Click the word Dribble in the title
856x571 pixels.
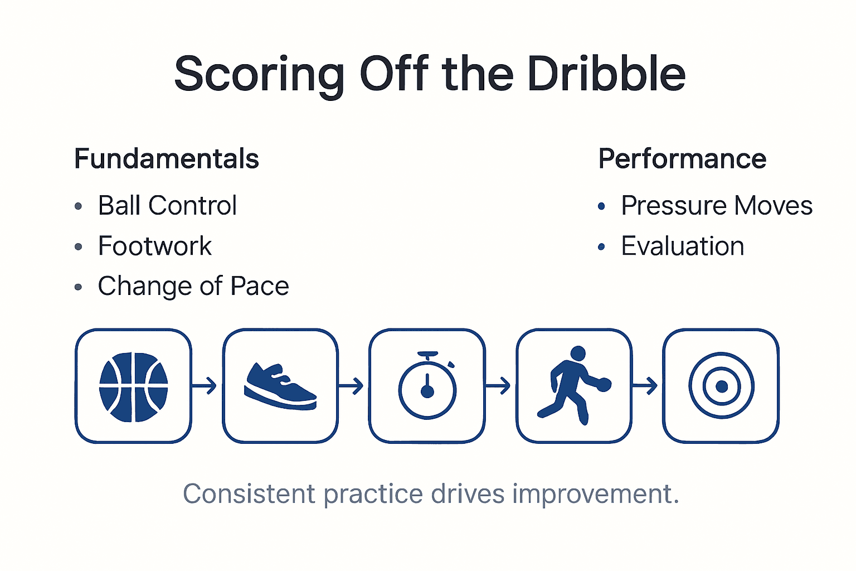pos(606,74)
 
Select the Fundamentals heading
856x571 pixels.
pos(167,159)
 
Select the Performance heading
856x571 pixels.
pos(682,159)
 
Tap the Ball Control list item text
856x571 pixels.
pos(167,205)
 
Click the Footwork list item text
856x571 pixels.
pos(154,246)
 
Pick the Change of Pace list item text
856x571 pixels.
pos(193,286)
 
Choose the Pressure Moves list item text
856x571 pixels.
pos(717,205)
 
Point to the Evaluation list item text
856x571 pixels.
pos(683,246)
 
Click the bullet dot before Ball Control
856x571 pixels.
pos(79,206)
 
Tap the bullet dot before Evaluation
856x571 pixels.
pos(601,246)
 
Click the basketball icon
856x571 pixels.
pos(133,386)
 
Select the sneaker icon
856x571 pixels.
pos(280,386)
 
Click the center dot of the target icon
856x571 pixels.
pos(721,386)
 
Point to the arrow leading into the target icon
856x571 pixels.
pos(646,385)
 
